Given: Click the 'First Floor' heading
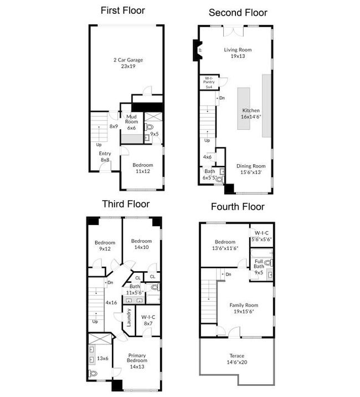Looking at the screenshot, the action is (123, 11).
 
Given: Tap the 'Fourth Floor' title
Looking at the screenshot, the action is (238, 207).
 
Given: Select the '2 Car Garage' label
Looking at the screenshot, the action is (128, 60).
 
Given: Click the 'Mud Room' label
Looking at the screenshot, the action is (132, 119).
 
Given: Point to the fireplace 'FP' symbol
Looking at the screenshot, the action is (200, 50).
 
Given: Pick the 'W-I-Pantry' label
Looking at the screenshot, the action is (209, 80).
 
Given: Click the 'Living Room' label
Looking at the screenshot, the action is (238, 50).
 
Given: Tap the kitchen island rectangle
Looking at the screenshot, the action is (244, 108).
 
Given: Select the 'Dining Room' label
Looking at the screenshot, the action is (251, 166).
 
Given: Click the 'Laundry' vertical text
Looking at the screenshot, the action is (128, 318).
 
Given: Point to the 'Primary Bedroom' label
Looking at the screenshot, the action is (137, 358).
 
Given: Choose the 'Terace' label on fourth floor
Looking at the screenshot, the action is (237, 356).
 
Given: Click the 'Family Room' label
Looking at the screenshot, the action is (244, 305).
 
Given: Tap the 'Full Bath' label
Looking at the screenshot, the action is (259, 264).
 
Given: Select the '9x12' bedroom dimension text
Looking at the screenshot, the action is (105, 248).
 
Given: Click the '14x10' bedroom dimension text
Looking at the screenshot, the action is (141, 247).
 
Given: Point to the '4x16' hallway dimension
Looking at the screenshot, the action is (111, 303).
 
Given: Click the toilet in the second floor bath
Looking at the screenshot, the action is (219, 179).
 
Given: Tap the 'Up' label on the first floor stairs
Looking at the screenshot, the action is (99, 145).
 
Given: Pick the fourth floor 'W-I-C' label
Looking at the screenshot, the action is (261, 233).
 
